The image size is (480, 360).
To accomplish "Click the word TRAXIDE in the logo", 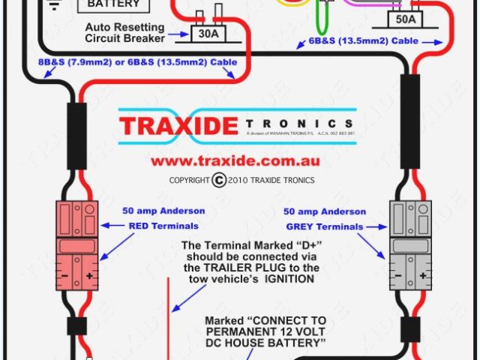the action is (178, 124).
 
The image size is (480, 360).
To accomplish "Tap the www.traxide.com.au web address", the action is (235, 160).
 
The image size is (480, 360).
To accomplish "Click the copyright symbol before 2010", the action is (219, 180).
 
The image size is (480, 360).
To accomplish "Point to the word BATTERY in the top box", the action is (114, 4).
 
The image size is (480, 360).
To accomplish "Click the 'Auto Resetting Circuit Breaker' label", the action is (135, 32).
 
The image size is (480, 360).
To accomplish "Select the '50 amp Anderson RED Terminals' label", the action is (163, 218).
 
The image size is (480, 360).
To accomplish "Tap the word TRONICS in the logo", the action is (298, 124).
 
